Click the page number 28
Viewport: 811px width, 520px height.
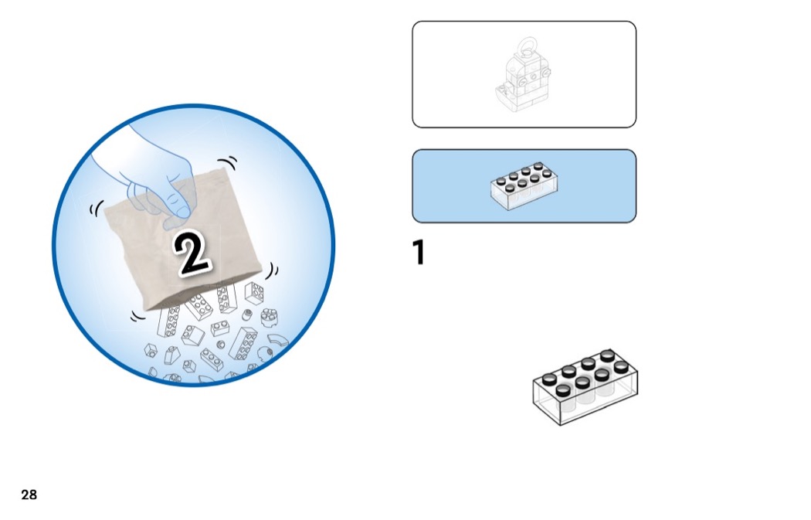29,495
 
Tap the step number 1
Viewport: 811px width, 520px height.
419,252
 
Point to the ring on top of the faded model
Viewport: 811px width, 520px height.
528,46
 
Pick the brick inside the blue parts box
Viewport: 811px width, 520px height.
524,185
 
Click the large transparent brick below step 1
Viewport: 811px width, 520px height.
585,387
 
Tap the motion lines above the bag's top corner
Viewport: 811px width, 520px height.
228,162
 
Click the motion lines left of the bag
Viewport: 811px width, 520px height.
97,208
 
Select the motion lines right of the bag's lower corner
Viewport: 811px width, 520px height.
273,270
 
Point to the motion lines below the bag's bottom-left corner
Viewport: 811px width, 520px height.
137,315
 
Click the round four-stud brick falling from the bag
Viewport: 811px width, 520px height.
269,317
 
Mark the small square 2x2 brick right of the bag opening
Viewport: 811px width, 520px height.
254,294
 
